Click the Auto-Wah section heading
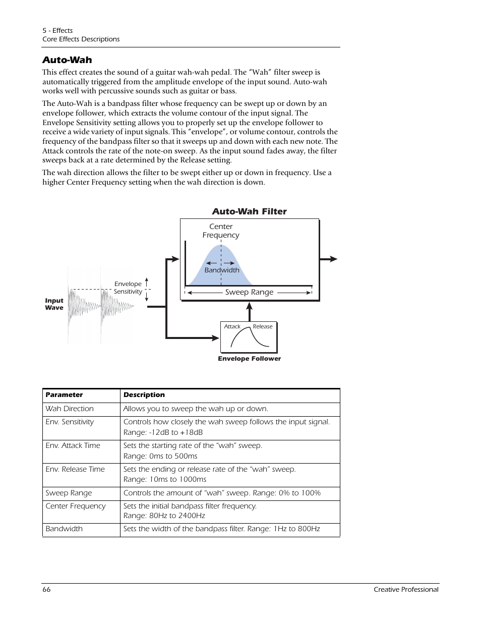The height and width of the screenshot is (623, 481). click(x=67, y=60)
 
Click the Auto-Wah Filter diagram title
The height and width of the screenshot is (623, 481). click(x=249, y=211)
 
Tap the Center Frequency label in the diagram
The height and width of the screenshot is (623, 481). click(x=221, y=231)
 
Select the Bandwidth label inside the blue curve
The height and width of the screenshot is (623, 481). click(x=222, y=270)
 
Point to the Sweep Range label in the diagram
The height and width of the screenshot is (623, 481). click(x=249, y=292)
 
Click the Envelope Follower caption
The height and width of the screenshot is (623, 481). click(x=249, y=359)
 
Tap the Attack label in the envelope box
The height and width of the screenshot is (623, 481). click(x=232, y=326)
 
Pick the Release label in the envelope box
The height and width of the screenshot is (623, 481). click(x=263, y=326)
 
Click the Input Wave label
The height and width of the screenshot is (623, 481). click(x=54, y=304)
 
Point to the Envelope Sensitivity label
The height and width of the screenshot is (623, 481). click(x=128, y=288)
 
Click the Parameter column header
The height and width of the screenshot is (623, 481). click(x=64, y=395)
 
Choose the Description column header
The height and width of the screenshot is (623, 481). click(x=144, y=395)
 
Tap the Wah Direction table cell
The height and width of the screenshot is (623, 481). click(x=70, y=409)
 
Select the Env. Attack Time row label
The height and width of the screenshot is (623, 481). click(x=73, y=445)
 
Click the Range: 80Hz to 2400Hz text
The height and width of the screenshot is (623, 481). click(x=164, y=516)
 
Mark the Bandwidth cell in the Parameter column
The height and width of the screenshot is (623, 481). click(x=64, y=529)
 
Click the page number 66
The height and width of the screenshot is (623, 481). click(x=46, y=589)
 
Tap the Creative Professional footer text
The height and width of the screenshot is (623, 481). click(x=406, y=589)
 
